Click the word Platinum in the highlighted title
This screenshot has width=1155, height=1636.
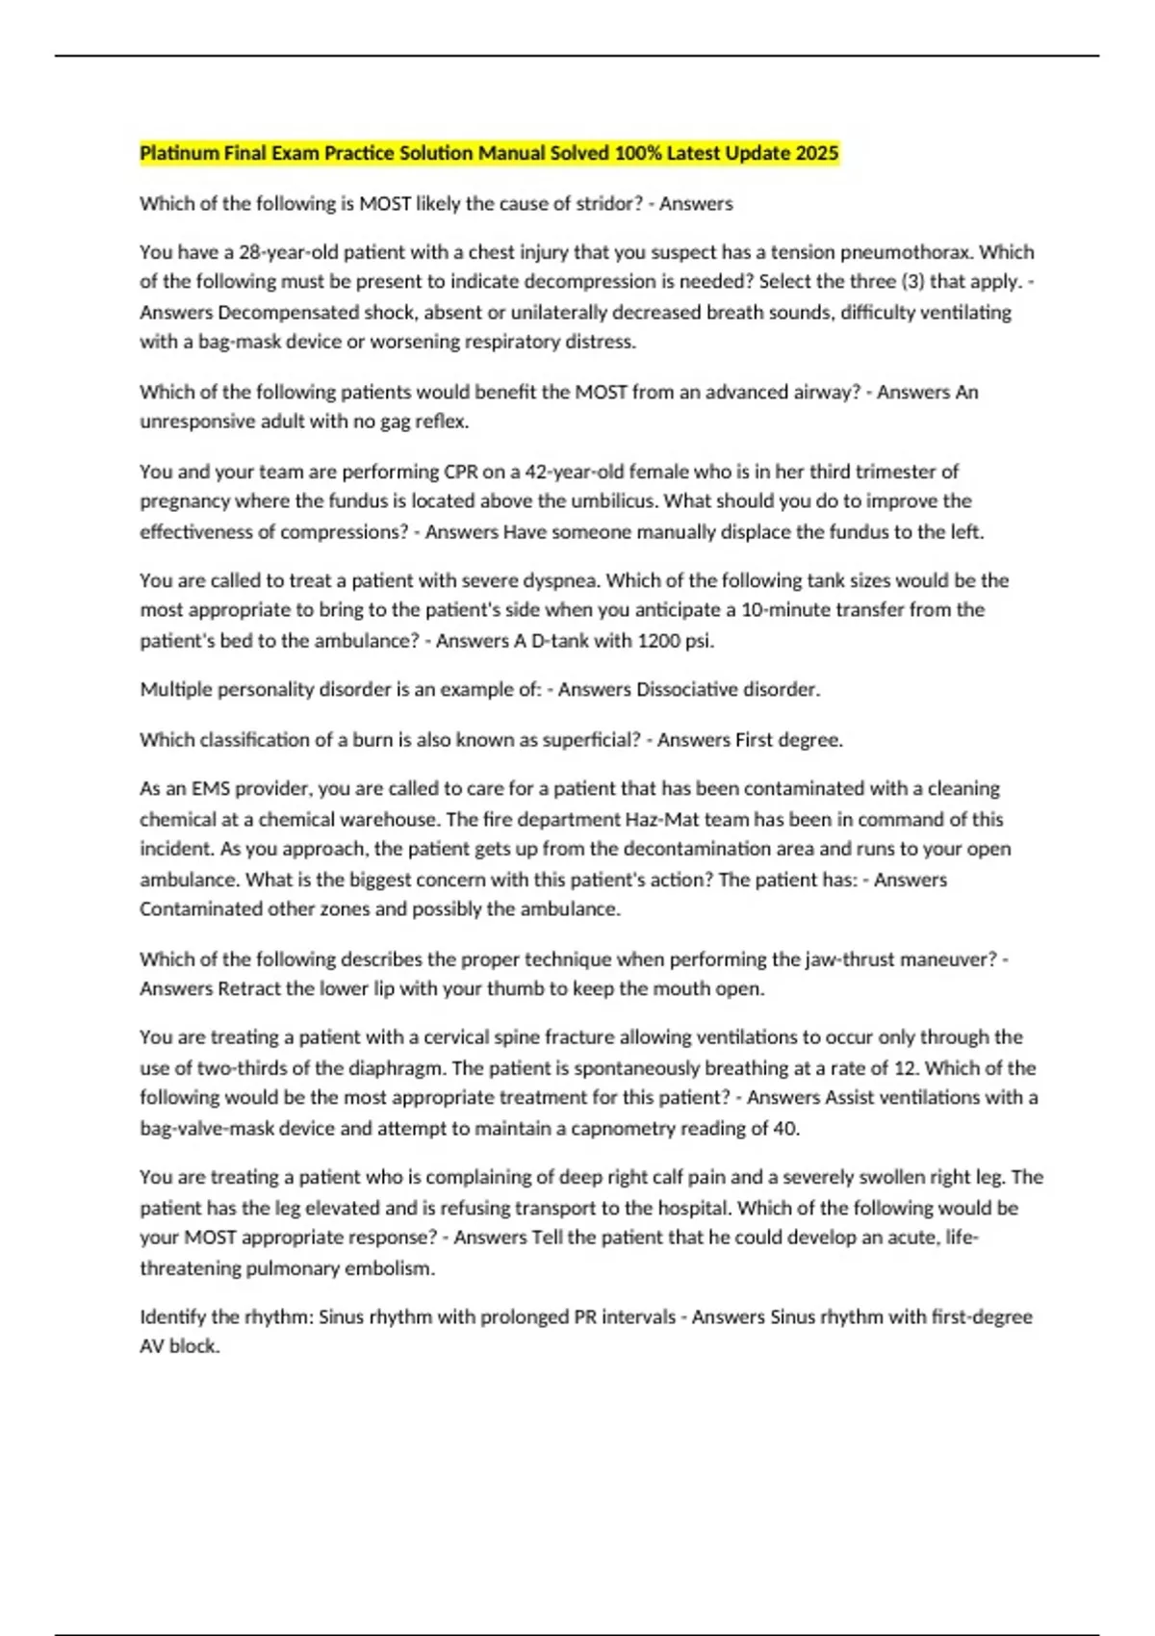click(180, 153)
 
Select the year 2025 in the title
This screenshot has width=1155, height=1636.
click(816, 153)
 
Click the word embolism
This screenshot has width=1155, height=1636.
click(393, 1267)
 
